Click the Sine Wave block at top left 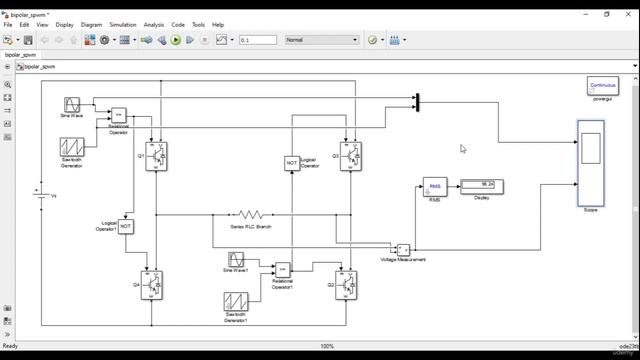pos(72,104)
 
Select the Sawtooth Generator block pos(72,148)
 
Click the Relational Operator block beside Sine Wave pos(118,115)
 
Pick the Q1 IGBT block pos(156,156)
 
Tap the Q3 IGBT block pos(350,156)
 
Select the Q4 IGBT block pos(152,285)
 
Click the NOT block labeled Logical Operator pos(292,163)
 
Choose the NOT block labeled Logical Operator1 pos(126,227)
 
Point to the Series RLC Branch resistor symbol pos(250,215)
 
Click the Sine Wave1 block pos(236,260)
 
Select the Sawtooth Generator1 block pos(236,302)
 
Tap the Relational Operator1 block pos(283,269)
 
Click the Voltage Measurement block pos(403,249)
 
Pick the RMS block pos(435,187)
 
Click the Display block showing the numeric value pos(482,186)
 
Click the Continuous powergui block pos(602,86)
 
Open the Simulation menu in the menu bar pos(123,25)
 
